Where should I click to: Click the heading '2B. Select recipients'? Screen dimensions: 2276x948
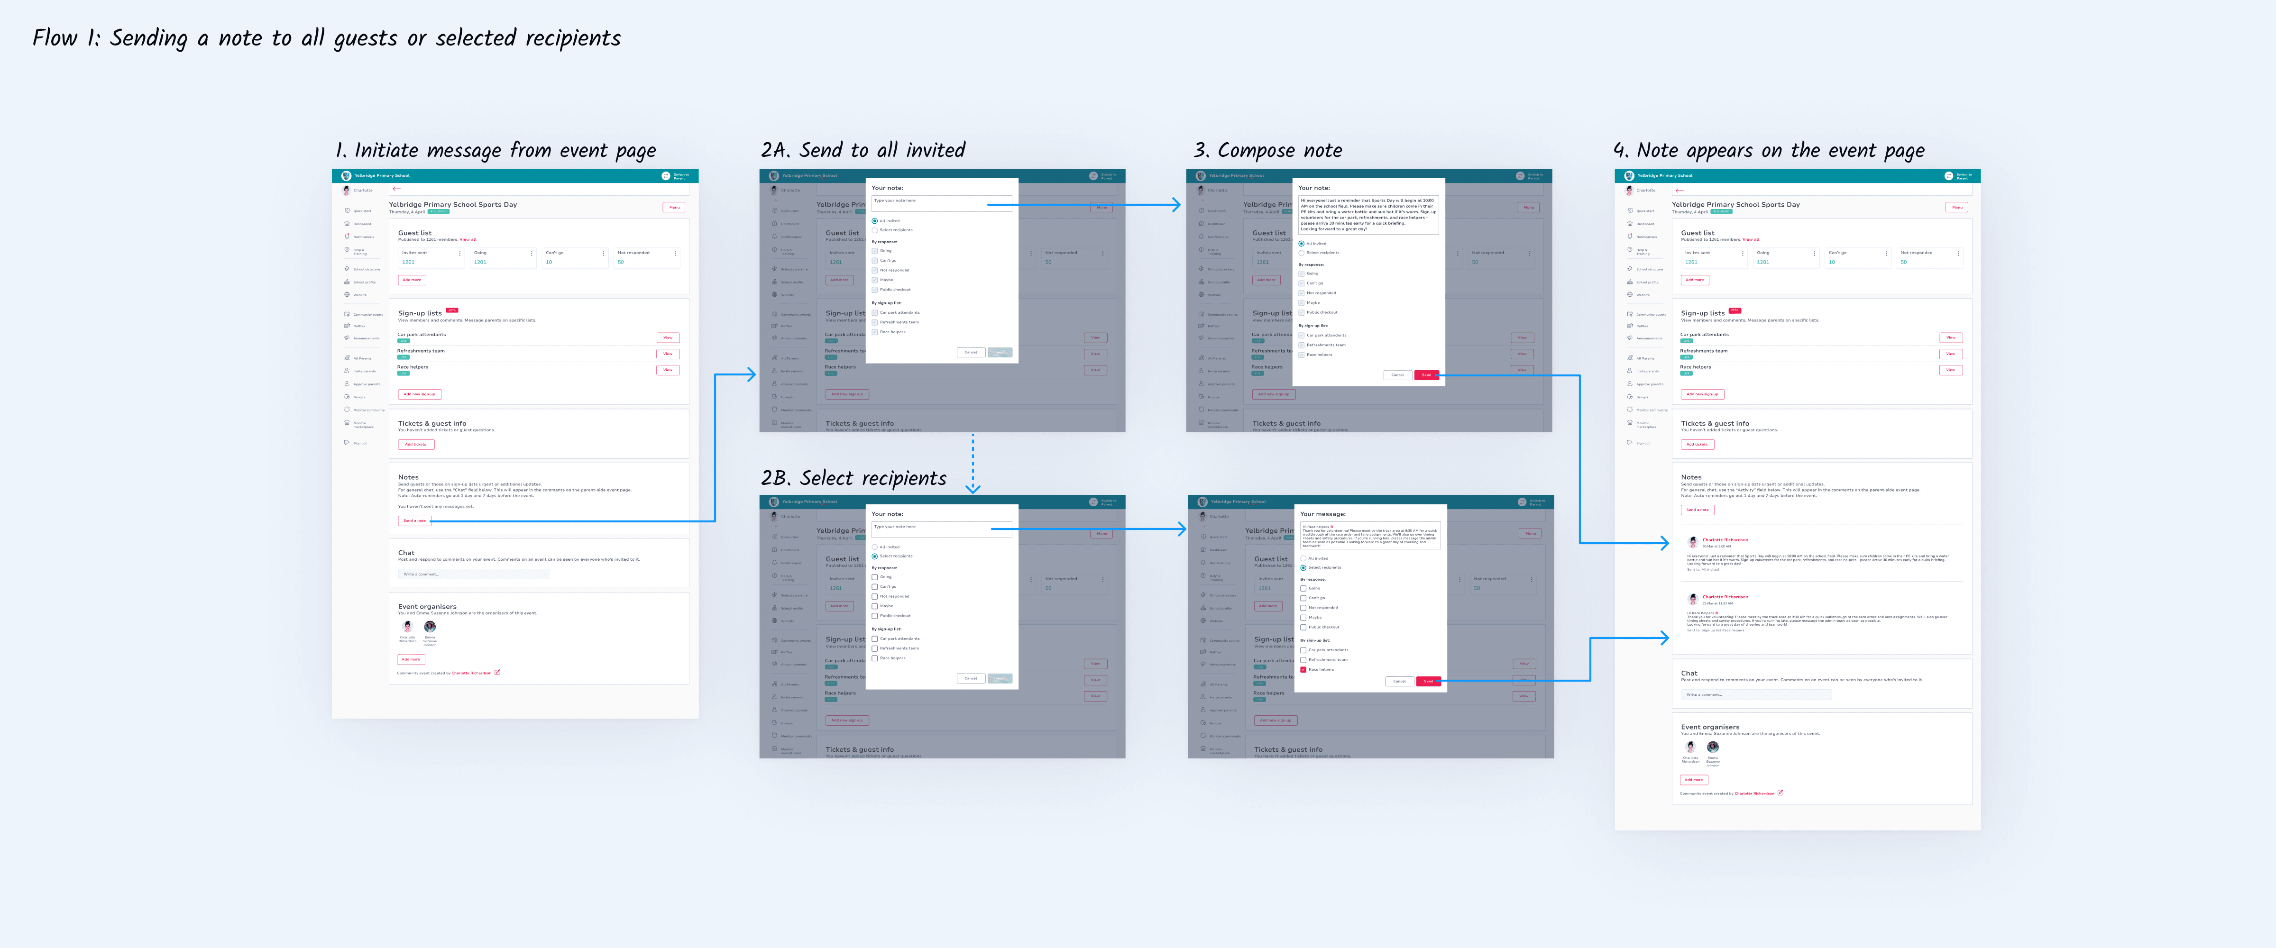[853, 478]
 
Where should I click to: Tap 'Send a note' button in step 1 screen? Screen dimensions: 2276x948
[414, 520]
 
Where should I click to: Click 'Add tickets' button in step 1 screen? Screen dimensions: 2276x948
[415, 445]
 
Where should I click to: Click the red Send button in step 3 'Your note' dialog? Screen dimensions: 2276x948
[1426, 374]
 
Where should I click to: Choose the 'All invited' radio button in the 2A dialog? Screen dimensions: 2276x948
[875, 221]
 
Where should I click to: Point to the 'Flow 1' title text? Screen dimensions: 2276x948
[326, 38]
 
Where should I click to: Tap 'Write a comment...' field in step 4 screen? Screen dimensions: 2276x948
[1755, 694]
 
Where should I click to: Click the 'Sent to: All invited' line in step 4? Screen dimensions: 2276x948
[1704, 569]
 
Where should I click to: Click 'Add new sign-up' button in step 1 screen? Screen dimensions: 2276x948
[420, 394]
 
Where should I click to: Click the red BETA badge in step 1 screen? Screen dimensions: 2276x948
[451, 310]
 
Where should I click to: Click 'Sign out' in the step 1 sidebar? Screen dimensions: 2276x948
[359, 443]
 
